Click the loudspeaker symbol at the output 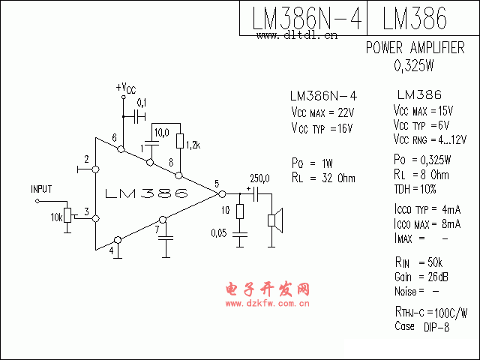click(x=276, y=220)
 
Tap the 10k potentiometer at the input click(x=67, y=216)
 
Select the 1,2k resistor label click(x=192, y=143)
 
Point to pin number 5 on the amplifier click(x=216, y=184)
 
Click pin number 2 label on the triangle click(x=88, y=160)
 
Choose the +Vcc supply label click(x=125, y=88)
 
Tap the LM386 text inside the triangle click(x=147, y=194)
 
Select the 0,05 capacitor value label click(x=219, y=233)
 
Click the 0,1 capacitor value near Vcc click(x=141, y=102)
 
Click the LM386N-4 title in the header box click(x=306, y=19)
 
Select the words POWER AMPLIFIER click(x=415, y=48)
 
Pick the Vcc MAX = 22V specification click(x=322, y=112)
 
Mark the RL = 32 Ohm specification click(x=322, y=178)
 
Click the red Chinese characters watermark click(x=267, y=289)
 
